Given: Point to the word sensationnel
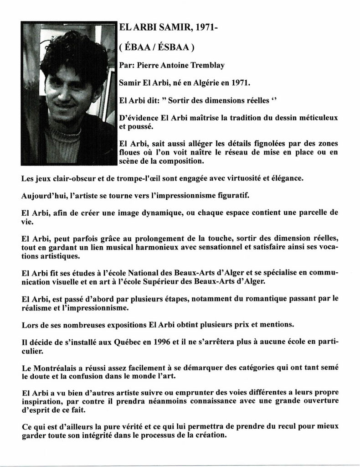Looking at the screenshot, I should (229, 247).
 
